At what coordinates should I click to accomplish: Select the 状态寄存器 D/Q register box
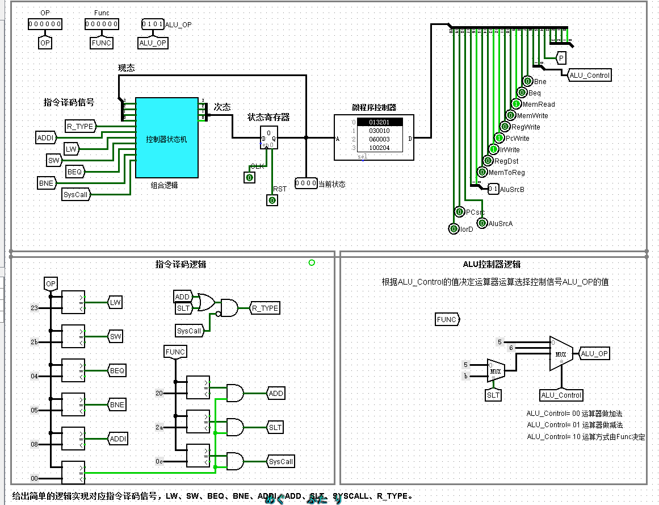coord(268,137)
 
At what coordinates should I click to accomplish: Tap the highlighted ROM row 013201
coord(379,122)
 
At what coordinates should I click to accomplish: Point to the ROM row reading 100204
coord(379,148)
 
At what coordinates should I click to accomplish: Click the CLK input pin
coord(249,178)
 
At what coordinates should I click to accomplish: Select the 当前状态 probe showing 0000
coord(306,184)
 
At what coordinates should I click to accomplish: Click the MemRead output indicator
coord(516,104)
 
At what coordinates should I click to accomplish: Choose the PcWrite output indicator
coord(499,138)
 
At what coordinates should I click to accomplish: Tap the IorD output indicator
coord(454,229)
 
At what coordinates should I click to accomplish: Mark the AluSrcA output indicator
coord(482,223)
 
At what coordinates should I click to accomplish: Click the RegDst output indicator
coord(488,161)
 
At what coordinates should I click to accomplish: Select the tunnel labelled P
coord(561,58)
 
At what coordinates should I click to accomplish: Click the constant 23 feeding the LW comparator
coord(34,308)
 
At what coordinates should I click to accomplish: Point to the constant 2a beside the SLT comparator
coord(159,427)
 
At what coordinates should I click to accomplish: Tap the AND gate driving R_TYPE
coord(230,308)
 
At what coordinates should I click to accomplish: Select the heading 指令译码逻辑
coord(181,264)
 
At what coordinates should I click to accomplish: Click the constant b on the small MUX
coord(466,376)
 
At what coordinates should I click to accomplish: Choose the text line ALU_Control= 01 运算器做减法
coord(574,425)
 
